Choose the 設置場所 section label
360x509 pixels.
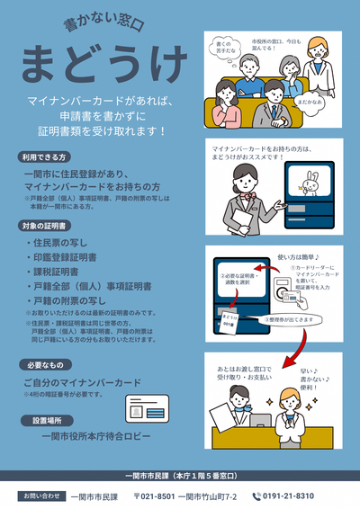pyautogui.click(x=43, y=420)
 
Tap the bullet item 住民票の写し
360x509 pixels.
pyautogui.click(x=58, y=243)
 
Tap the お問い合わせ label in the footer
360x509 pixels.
pyautogui.click(x=40, y=496)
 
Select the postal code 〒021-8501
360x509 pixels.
pyautogui.click(x=154, y=496)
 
